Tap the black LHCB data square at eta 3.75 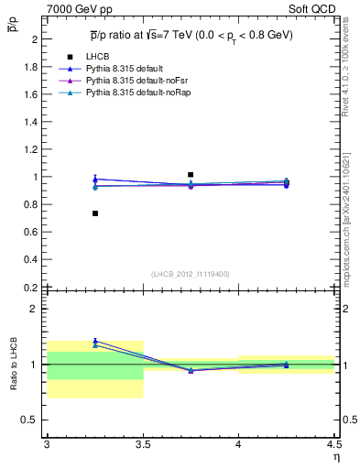tap(191, 174)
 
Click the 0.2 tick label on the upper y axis tap(31, 287)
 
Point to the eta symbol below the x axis tap(335, 456)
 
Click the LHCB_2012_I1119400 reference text tap(191, 274)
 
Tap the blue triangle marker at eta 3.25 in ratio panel tap(95, 340)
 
